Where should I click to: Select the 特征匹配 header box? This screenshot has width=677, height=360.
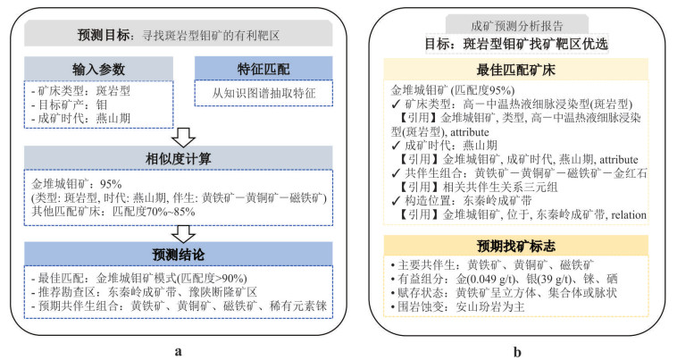click(x=263, y=68)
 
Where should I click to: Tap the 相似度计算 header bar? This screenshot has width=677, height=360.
click(x=180, y=157)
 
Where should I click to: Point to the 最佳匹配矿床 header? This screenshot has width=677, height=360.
click(x=511, y=69)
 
